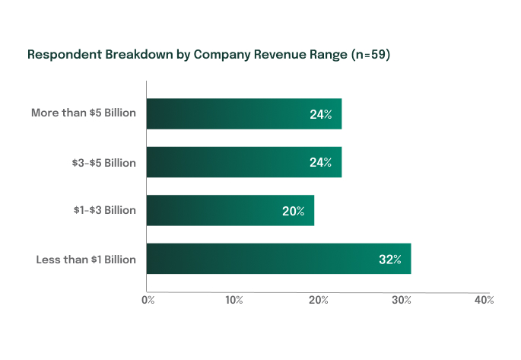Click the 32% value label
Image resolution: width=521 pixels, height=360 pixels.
(x=389, y=260)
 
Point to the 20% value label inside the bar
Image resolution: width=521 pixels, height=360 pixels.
(x=293, y=211)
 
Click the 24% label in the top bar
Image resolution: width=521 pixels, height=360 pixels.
(x=320, y=114)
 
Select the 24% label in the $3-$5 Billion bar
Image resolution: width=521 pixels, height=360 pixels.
(x=320, y=162)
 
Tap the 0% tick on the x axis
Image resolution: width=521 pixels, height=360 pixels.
(x=148, y=301)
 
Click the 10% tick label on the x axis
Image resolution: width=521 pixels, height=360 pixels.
(x=233, y=301)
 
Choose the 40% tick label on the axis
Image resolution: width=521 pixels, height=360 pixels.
(x=484, y=301)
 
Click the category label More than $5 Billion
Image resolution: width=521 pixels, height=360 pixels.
(x=84, y=113)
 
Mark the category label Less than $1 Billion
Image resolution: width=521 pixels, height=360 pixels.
(x=86, y=260)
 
